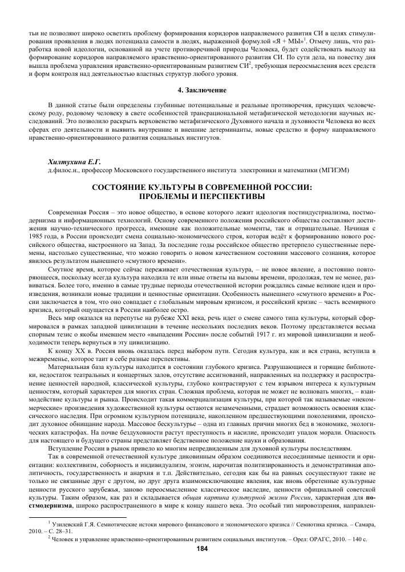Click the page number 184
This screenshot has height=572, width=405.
[x=202, y=549]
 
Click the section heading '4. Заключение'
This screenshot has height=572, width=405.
[x=202, y=90]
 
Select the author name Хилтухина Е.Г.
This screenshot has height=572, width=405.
[x=68, y=161]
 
